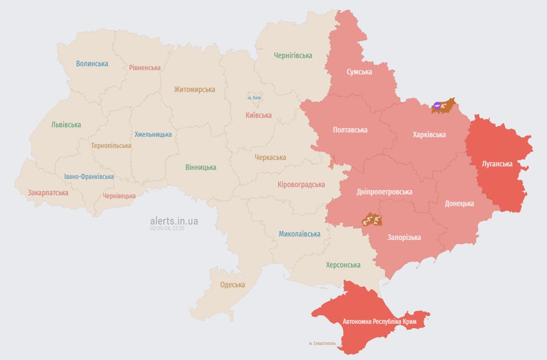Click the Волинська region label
tap(92, 64)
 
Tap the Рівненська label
tap(145, 68)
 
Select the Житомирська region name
tap(194, 90)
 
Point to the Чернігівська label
tap(293, 56)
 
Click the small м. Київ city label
tap(254, 98)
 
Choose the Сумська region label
tap(359, 72)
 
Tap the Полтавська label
tap(350, 130)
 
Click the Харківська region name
tap(429, 135)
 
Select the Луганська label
tap(497, 164)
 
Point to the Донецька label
tap(459, 203)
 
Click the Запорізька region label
tap(404, 238)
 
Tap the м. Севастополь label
tap(322, 344)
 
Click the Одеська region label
tap(233, 285)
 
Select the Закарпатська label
tap(48, 193)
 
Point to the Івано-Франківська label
tap(89, 177)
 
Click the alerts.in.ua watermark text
tap(174, 221)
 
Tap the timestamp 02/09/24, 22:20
tap(167, 228)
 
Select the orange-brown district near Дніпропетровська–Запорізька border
tap(372, 219)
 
